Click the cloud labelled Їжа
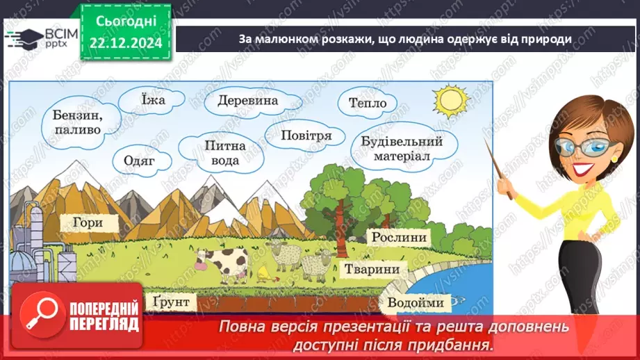click(x=151, y=100)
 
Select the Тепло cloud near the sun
click(x=368, y=103)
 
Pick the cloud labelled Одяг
click(x=140, y=161)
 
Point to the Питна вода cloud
click(x=222, y=153)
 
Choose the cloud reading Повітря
click(x=305, y=135)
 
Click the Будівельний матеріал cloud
click(x=403, y=149)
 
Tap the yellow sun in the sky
click(x=450, y=100)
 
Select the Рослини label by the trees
click(x=399, y=237)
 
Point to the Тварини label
click(x=372, y=270)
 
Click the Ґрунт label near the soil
click(x=172, y=302)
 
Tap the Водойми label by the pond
click(x=416, y=303)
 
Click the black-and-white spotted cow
click(x=222, y=265)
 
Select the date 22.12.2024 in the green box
click(x=126, y=43)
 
